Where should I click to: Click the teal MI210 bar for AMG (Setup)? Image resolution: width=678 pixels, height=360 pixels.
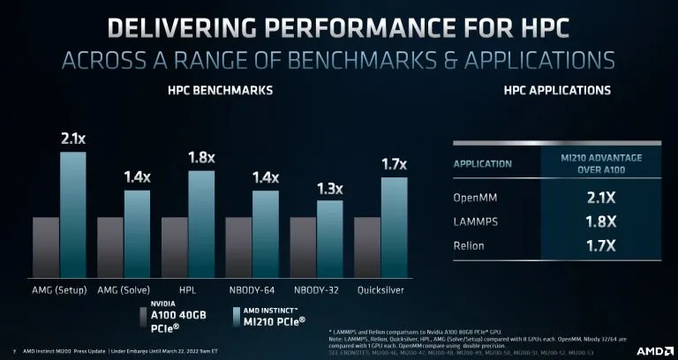[x=72, y=215]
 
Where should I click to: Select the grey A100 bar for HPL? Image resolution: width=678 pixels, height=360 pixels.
[x=175, y=247]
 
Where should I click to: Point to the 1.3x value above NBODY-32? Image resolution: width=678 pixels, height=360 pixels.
[x=328, y=188]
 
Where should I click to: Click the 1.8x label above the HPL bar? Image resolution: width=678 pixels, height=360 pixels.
[x=200, y=158]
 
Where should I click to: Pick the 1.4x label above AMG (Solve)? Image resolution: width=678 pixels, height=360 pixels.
[x=137, y=177]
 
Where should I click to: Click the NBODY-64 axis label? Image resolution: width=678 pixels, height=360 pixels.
[x=252, y=289]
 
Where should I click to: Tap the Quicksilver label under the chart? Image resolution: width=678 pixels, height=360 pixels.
[x=381, y=289]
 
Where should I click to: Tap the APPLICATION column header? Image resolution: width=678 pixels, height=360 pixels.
[x=483, y=163]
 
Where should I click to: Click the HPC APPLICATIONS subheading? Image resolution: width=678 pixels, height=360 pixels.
[x=544, y=91]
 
